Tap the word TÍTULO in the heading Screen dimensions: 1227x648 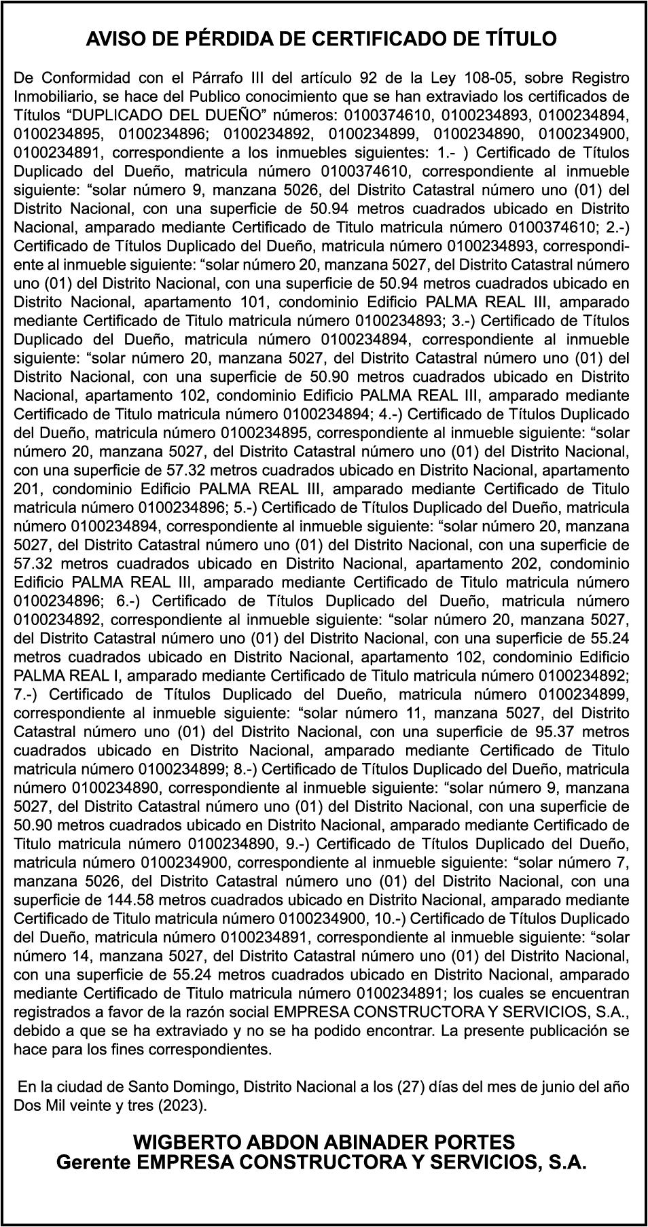pos(521,39)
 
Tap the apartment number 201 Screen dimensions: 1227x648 pos(28,488)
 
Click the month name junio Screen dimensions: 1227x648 pos(540,1086)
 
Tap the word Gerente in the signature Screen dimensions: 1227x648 pos(94,1162)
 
